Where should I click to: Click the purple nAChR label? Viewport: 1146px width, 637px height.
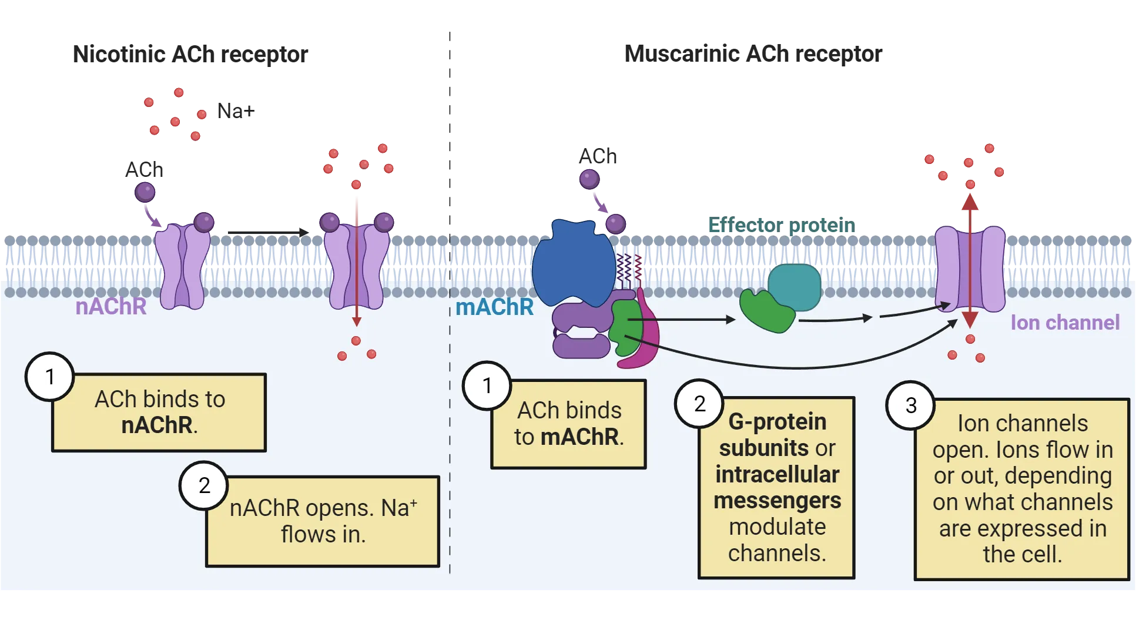(110, 307)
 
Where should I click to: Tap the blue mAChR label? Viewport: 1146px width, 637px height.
(494, 307)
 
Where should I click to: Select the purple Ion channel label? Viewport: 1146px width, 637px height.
(1065, 323)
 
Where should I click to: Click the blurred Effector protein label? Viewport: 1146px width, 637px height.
(780, 226)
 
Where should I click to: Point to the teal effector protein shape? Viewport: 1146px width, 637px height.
(795, 287)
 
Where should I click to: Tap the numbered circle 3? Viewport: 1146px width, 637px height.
(910, 405)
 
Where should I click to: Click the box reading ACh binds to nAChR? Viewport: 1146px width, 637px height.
(159, 413)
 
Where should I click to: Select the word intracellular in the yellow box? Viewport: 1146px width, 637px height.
(777, 474)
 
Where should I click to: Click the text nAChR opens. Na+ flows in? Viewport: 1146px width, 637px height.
(323, 521)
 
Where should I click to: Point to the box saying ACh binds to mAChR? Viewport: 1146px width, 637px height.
(568, 424)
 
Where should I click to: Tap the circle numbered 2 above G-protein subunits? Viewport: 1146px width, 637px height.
(699, 404)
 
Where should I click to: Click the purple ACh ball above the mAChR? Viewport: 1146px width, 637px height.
(589, 179)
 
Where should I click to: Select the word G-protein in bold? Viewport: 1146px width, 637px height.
(777, 421)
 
